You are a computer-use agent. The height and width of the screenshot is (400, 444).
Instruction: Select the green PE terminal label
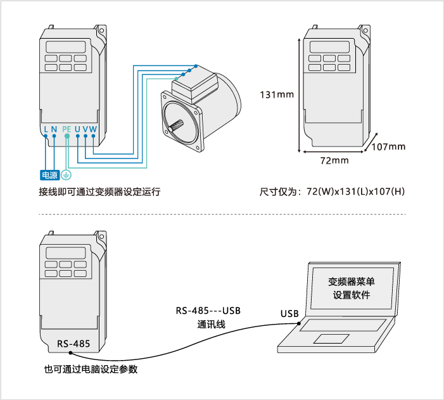67,129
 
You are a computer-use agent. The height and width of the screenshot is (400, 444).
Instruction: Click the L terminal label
46,129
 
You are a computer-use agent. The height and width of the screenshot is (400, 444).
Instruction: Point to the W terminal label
93,129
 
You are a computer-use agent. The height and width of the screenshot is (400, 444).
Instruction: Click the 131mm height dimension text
277,95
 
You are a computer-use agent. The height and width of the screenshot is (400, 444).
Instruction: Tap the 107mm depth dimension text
388,147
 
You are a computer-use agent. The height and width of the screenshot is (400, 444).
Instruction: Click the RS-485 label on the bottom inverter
73,344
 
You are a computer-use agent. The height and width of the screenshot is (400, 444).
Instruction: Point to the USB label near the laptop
289,314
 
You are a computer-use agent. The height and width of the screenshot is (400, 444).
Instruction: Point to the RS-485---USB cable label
209,311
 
